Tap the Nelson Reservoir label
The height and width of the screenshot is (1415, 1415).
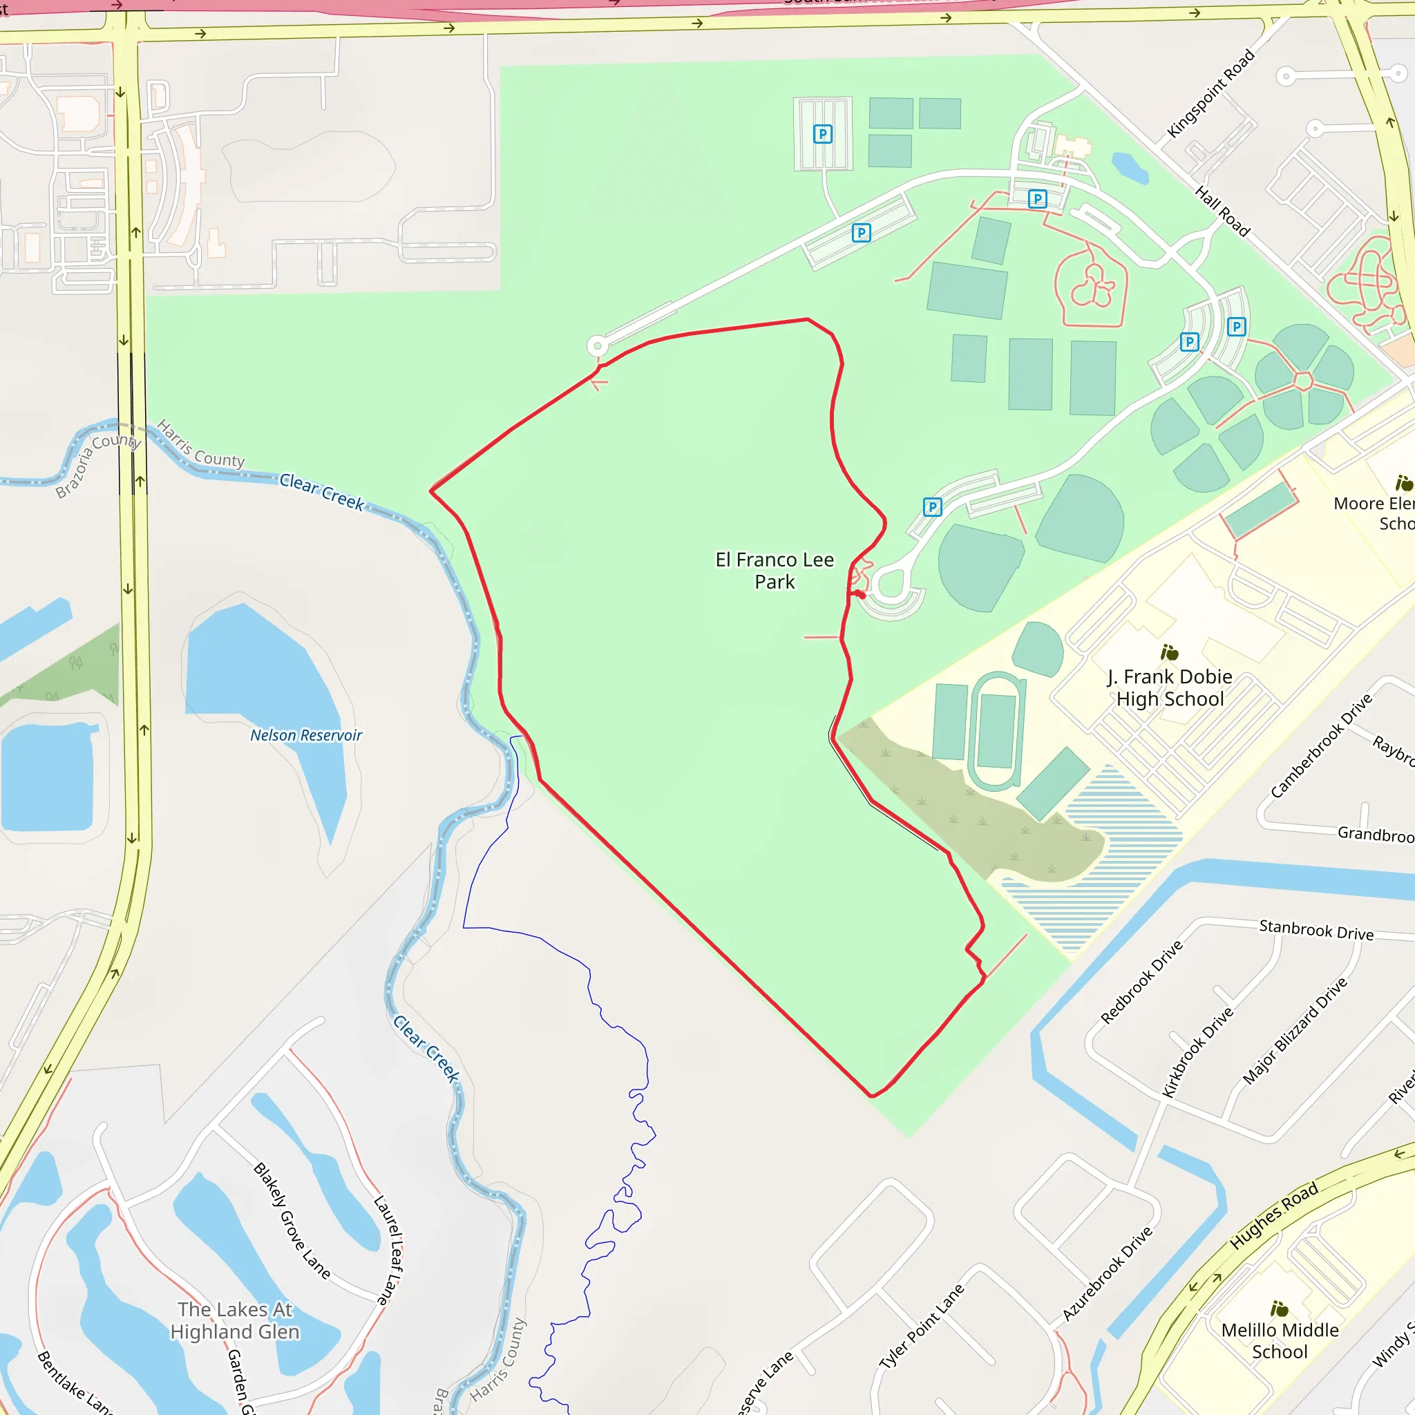(306, 735)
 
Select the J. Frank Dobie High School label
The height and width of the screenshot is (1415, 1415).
(1170, 687)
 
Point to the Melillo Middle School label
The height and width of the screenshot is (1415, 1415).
(1280, 1340)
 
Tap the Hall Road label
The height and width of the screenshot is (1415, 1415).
(1222, 211)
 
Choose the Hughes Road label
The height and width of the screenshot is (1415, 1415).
(1273, 1216)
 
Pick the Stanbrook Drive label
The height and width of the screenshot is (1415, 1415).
(1316, 930)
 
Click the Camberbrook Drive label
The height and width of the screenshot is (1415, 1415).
(1321, 746)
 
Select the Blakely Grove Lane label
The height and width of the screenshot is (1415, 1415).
(292, 1221)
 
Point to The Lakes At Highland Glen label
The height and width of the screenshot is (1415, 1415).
(235, 1320)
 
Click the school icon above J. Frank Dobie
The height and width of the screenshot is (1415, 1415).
(1170, 652)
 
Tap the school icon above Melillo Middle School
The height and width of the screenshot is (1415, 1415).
(1280, 1308)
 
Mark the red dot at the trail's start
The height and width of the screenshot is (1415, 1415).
(862, 596)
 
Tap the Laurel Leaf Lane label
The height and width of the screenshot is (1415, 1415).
(388, 1249)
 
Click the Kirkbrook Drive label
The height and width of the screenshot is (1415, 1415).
(1198, 1052)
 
